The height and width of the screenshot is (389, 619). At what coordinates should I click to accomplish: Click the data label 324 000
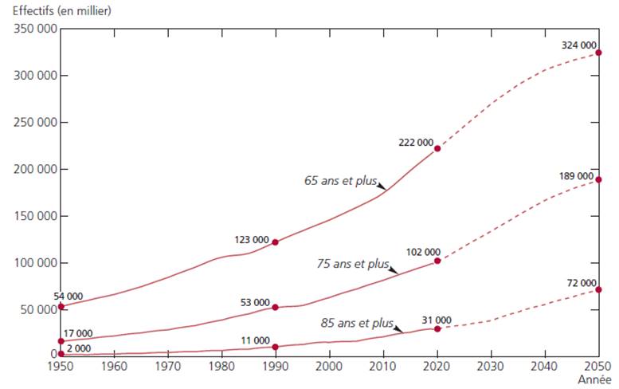pos(578,45)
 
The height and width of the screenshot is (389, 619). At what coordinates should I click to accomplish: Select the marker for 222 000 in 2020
pos(437,148)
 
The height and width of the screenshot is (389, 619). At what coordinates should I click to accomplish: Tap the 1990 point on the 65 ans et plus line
pos(276,242)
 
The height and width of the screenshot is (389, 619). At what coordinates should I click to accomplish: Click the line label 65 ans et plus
pos(340,180)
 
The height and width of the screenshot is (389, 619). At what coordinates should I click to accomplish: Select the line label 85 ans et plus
pos(358,323)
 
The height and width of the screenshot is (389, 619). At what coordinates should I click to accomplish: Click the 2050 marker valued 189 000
pos(598,179)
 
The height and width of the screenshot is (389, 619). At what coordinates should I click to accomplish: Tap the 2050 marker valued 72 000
pos(598,289)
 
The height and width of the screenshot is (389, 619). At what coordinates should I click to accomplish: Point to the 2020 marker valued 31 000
pos(437,328)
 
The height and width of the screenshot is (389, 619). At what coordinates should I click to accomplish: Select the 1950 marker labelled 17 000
pos(61,341)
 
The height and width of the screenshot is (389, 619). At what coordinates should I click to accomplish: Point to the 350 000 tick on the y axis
pos(35,29)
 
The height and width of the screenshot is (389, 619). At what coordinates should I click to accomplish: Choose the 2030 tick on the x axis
pos(491,367)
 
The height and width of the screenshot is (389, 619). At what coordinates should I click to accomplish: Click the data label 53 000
pos(254,302)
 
